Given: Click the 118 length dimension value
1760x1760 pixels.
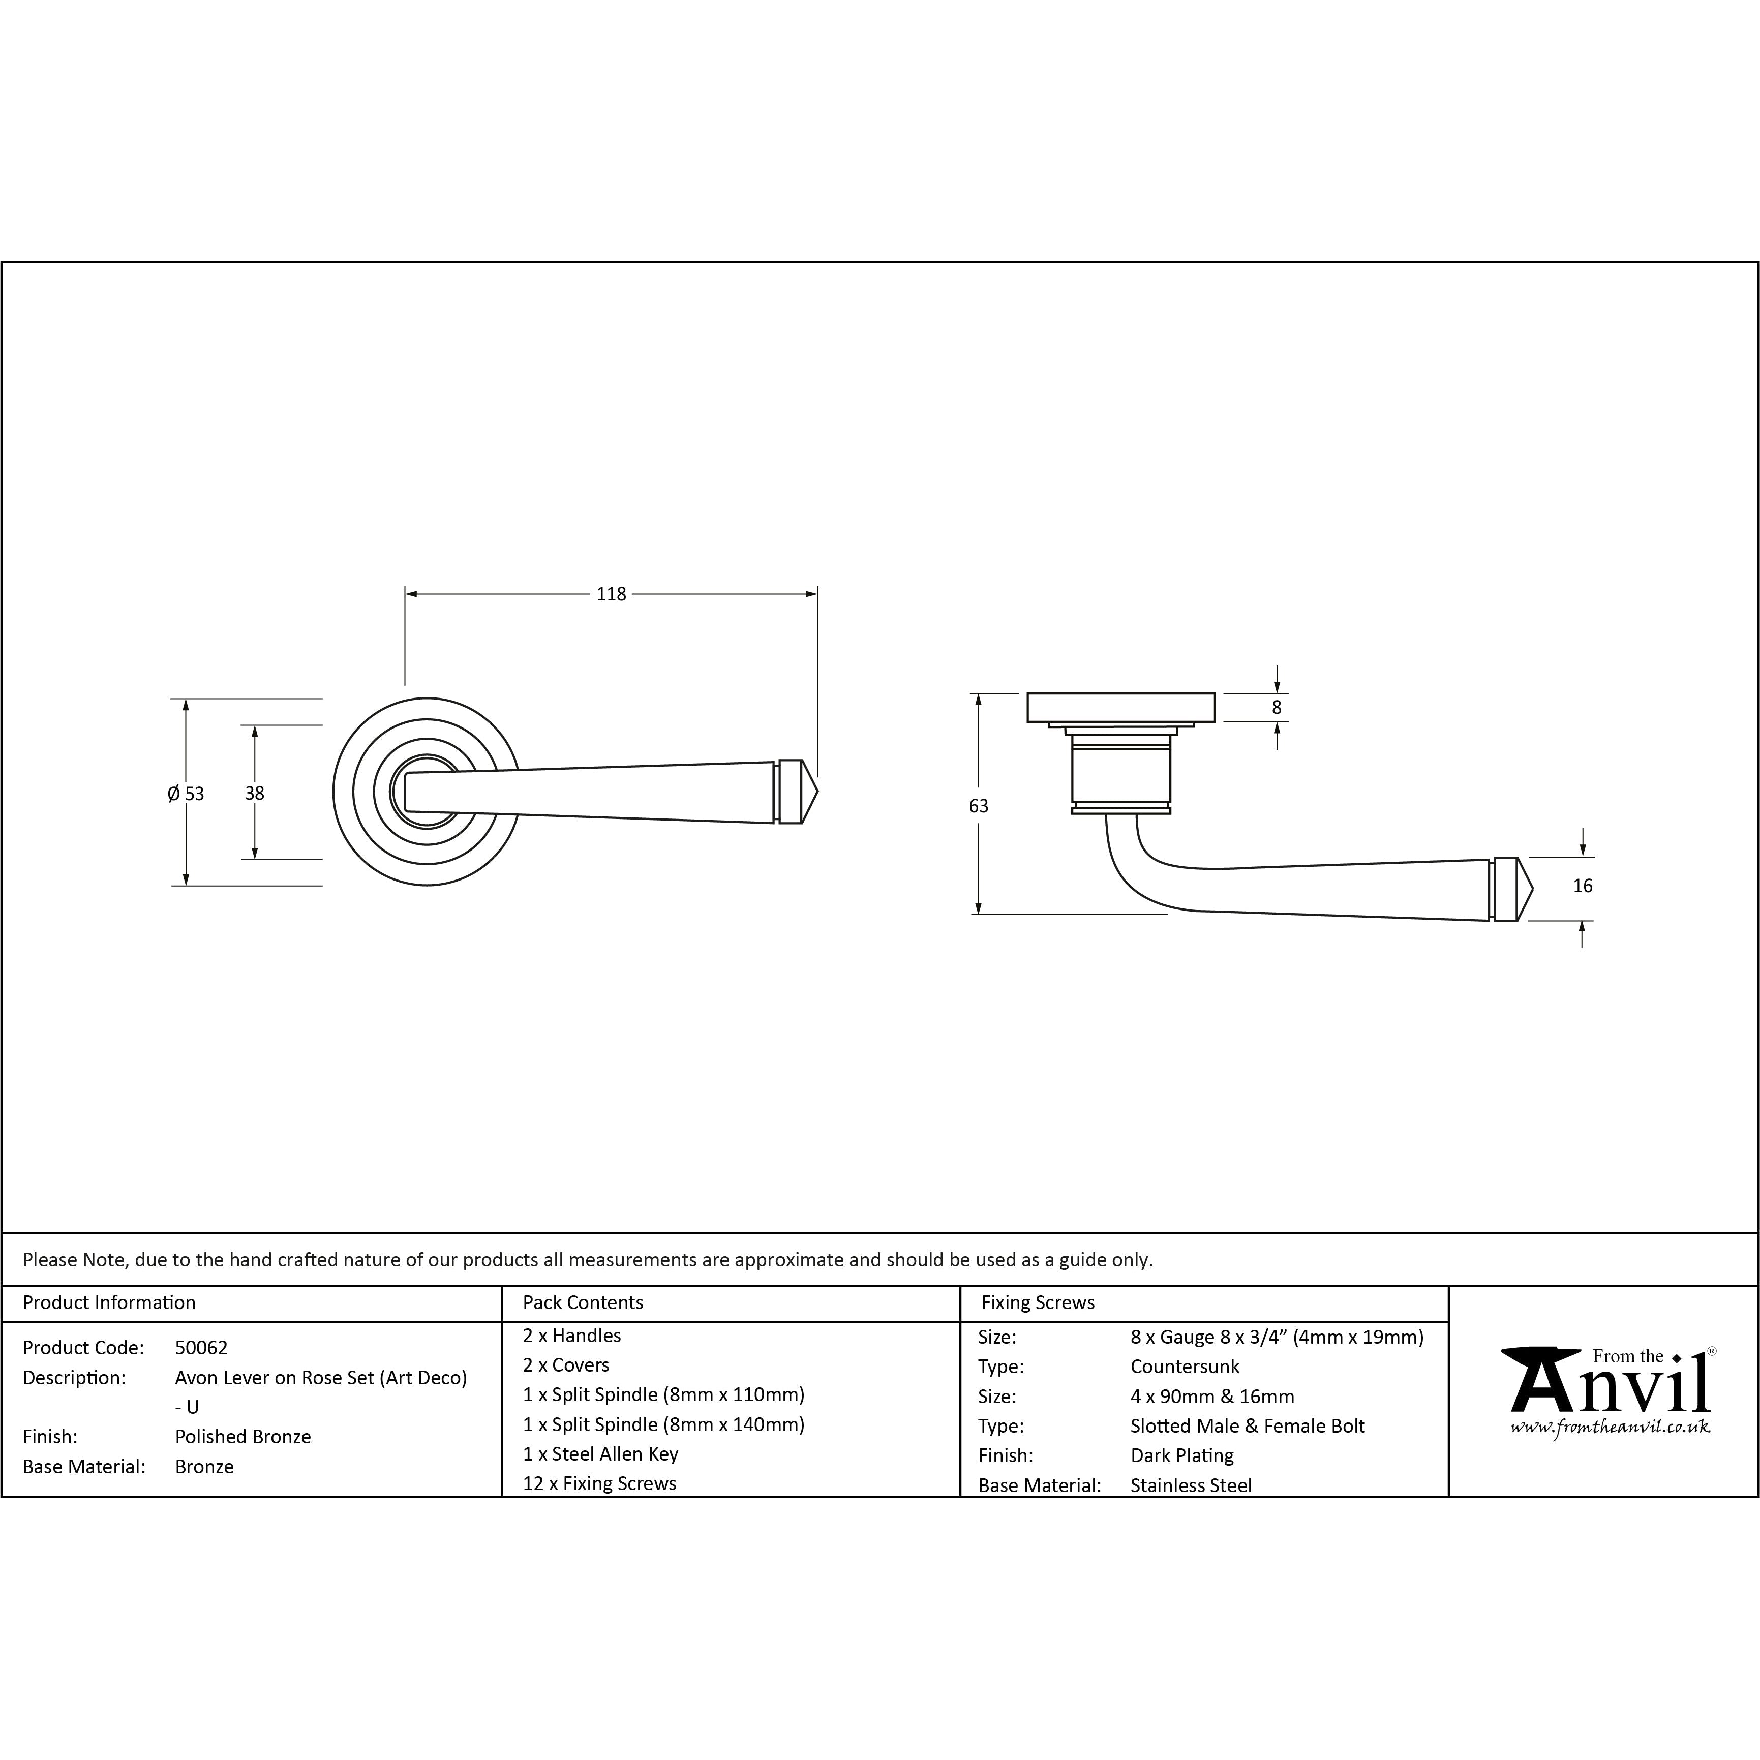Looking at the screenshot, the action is click(x=611, y=594).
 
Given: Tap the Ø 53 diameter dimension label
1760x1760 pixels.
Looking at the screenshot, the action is click(x=186, y=794).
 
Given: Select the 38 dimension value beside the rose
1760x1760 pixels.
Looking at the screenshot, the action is click(x=254, y=794).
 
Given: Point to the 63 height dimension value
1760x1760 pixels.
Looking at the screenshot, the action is click(x=979, y=805).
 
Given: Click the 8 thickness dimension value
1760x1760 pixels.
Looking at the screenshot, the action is click(x=1276, y=707).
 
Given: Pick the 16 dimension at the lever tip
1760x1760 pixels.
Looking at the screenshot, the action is click(x=1583, y=886).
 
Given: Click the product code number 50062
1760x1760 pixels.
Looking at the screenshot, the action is click(x=201, y=1347).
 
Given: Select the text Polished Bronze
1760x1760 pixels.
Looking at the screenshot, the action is click(x=243, y=1437).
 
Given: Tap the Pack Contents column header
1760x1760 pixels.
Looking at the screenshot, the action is click(x=583, y=1302).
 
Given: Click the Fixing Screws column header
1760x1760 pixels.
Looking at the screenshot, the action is click(x=1038, y=1302).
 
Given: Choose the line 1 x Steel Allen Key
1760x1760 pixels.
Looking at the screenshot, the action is click(x=600, y=1454).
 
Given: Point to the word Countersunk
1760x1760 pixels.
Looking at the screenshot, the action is click(x=1185, y=1367).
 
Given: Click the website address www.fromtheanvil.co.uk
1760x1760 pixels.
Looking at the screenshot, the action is click(x=1610, y=1427).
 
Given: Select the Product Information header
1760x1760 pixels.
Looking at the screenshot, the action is click(x=109, y=1302).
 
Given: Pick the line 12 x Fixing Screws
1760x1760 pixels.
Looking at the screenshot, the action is click(x=599, y=1483).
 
